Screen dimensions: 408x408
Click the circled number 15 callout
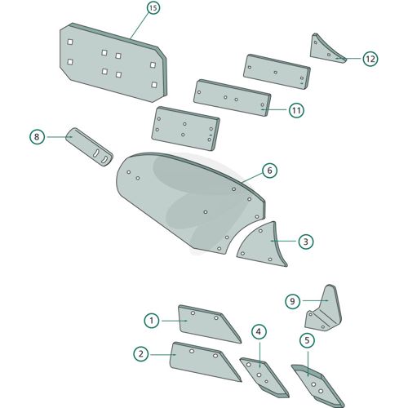tap(153, 8)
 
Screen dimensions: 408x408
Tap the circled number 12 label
tap(370, 59)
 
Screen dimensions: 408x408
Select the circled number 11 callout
tap(296, 110)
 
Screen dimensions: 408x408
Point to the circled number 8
tap(37, 136)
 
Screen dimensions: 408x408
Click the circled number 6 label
tap(269, 171)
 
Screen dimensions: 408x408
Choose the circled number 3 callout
tap(306, 242)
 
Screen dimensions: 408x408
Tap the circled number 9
tap(292, 301)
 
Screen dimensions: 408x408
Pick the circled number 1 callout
tap(152, 321)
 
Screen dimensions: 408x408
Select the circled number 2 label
tap(141, 354)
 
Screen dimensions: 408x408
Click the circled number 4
tap(259, 331)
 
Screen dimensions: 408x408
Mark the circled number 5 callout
tap(307, 340)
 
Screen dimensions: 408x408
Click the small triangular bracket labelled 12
tap(325, 51)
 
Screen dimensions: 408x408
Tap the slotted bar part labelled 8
tap(89, 147)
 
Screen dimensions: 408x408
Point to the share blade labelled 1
tap(206, 324)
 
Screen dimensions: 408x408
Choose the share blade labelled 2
tap(202, 361)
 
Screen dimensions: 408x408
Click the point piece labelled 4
tap(263, 377)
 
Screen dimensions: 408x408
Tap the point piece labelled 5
tap(317, 385)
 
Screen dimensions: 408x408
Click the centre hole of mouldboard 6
tap(206, 212)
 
